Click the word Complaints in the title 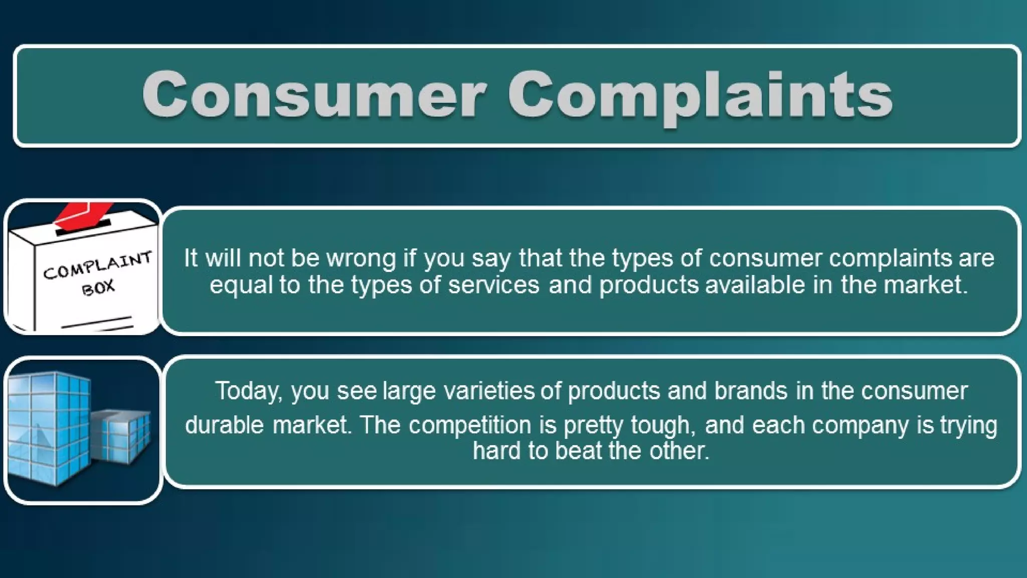click(x=700, y=95)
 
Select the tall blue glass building click(x=48, y=426)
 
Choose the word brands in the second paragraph click(x=751, y=391)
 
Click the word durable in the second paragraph click(x=224, y=425)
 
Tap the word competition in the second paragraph click(x=469, y=425)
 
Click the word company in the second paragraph click(x=860, y=425)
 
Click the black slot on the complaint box click(x=83, y=227)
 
